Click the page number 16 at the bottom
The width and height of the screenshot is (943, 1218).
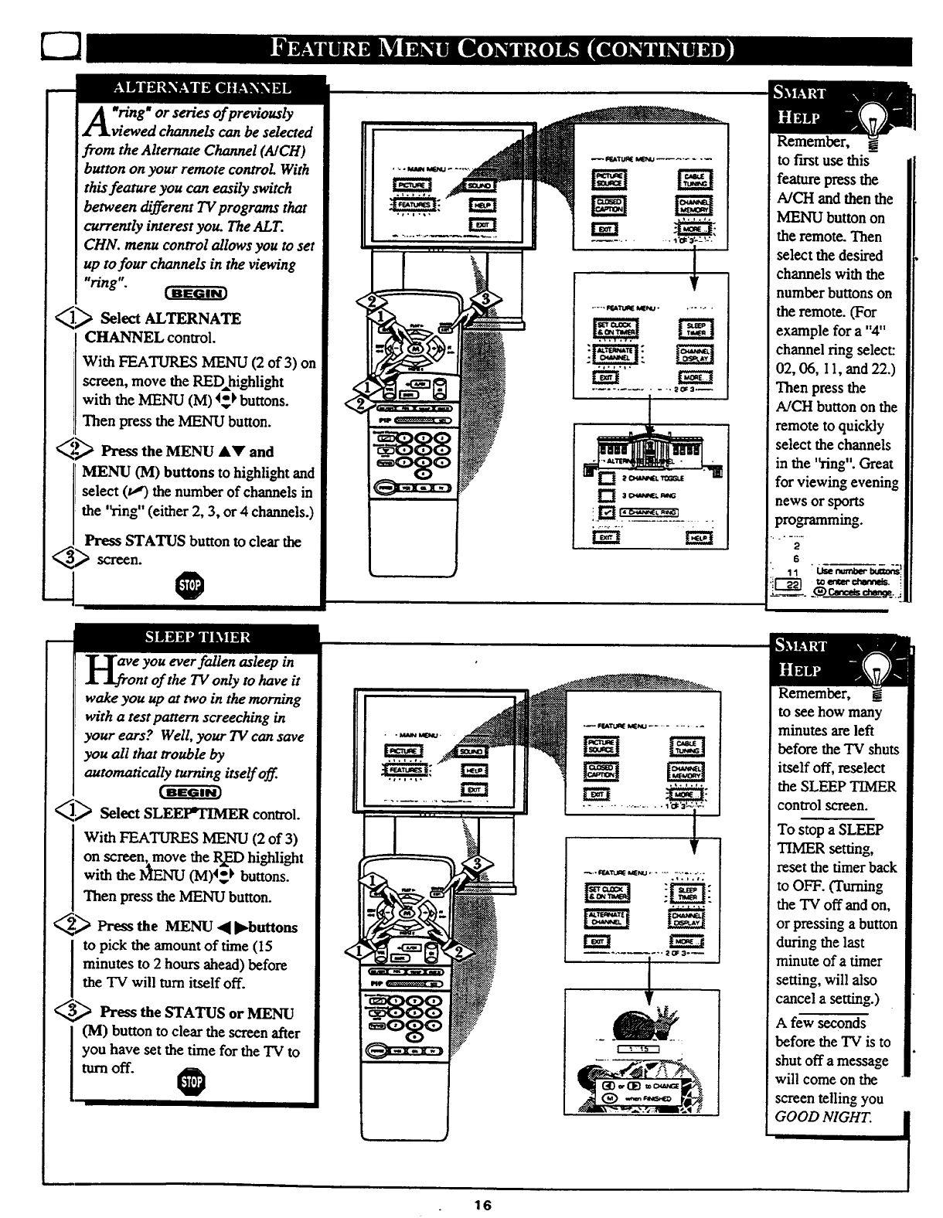coord(484,1204)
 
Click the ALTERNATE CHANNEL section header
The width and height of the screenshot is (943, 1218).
coord(202,88)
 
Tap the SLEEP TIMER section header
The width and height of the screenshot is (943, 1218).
coord(198,638)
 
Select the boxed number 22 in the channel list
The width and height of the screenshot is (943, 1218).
coord(788,586)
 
